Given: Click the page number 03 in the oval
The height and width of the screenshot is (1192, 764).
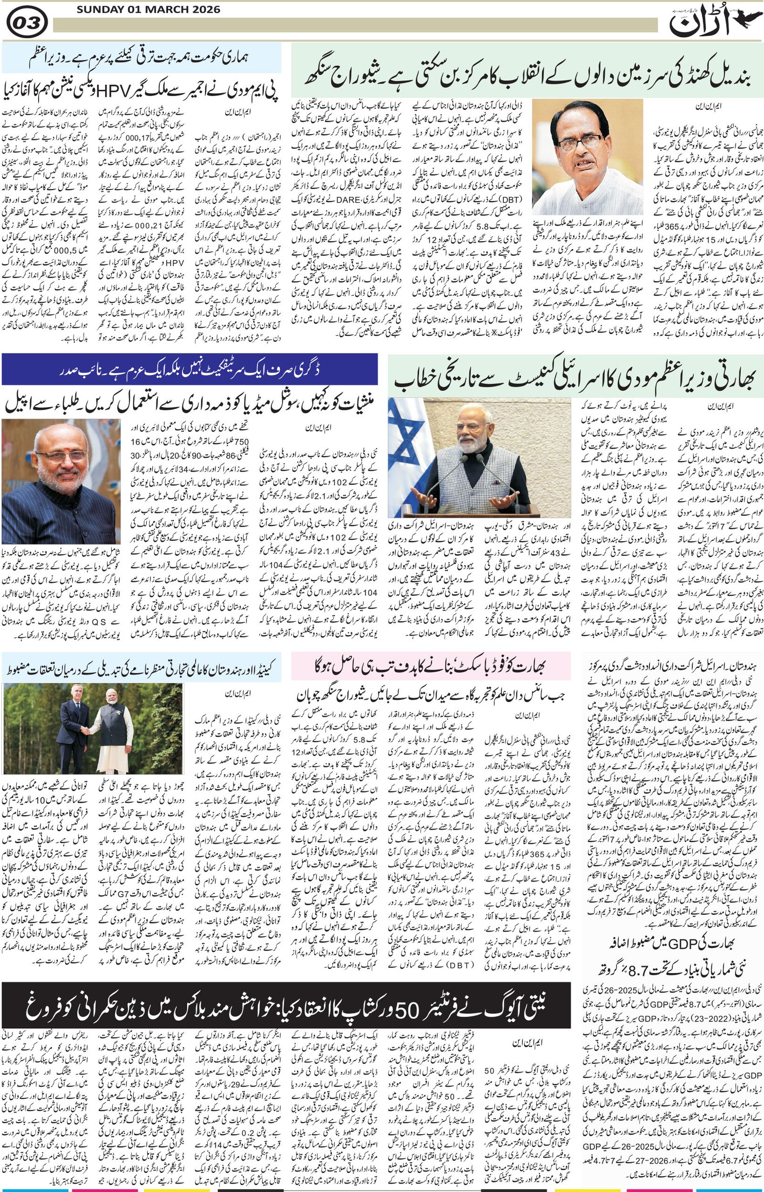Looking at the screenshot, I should [27, 23].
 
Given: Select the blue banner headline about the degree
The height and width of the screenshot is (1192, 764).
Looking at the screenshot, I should [190, 370].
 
